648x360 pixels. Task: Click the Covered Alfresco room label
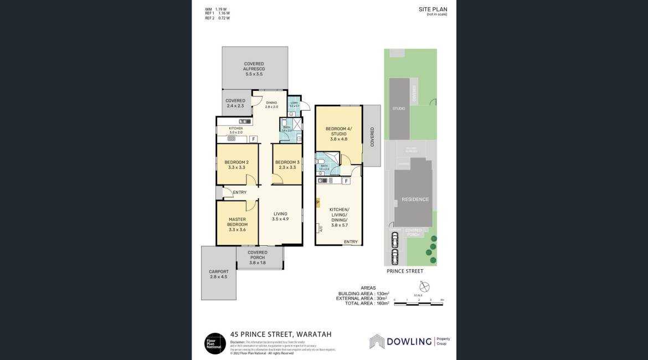254,69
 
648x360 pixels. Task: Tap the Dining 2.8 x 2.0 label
271,104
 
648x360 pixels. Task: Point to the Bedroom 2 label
236,164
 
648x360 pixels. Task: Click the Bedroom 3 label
287,164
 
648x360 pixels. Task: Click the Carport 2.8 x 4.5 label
218,274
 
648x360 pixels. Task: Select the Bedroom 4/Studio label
338,133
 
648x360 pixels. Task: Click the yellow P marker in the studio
317,203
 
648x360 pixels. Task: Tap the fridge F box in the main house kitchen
253,139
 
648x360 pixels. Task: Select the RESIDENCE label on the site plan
415,199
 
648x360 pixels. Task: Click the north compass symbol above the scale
424,286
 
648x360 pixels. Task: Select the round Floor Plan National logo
214,342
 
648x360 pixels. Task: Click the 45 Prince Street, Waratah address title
281,335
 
